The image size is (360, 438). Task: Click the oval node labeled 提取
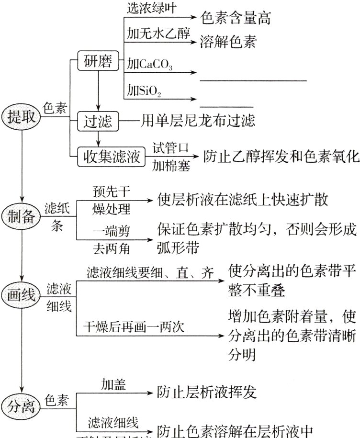[x=22, y=117]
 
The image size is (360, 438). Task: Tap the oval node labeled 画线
[x=22, y=295]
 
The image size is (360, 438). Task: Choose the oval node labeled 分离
[x=22, y=406]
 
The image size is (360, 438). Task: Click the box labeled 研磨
[x=98, y=62]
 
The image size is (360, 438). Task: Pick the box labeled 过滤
[x=98, y=122]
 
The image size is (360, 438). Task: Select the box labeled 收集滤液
[x=111, y=157]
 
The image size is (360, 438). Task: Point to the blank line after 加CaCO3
[x=253, y=80]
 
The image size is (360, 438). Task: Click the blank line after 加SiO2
[x=225, y=106]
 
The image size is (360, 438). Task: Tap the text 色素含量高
[x=236, y=18]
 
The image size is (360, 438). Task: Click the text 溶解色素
[x=229, y=43]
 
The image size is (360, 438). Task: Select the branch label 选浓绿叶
[x=151, y=8]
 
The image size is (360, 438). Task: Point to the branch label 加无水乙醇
[x=158, y=34]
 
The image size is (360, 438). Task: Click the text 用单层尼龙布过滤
[x=197, y=121]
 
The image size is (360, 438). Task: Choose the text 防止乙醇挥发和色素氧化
[x=280, y=156]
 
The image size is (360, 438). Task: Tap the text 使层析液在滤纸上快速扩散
[x=243, y=199]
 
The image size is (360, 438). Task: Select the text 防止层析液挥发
[x=207, y=393]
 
